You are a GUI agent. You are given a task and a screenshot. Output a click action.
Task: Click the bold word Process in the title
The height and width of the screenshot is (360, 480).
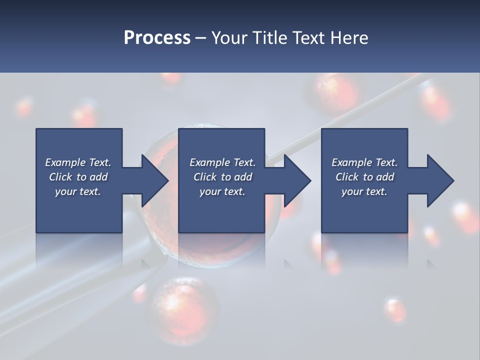pyautogui.click(x=157, y=38)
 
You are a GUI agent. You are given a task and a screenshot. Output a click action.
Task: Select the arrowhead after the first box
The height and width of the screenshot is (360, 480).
pyautogui.click(x=152, y=181)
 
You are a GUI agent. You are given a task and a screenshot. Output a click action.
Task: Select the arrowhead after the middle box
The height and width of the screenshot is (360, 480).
pyautogui.click(x=295, y=181)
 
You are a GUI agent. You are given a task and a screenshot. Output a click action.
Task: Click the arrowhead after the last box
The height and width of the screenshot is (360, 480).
pyautogui.click(x=438, y=181)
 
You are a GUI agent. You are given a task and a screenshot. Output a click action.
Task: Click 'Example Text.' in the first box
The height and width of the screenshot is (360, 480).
pyautogui.click(x=78, y=162)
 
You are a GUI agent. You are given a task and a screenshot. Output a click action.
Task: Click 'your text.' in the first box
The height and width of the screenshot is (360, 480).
pyautogui.click(x=78, y=191)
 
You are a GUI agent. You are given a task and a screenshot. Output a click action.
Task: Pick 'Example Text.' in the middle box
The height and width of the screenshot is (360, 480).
pyautogui.click(x=222, y=162)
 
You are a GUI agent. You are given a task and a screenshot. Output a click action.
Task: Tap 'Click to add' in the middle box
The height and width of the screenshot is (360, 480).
pyautogui.click(x=222, y=177)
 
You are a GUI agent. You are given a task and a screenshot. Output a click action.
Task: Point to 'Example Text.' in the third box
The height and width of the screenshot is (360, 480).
pyautogui.click(x=364, y=162)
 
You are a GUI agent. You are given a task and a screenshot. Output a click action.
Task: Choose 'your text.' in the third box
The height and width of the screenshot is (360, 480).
pyautogui.click(x=364, y=191)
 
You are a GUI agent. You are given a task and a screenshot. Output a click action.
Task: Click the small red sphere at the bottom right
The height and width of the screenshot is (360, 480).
pyautogui.click(x=395, y=310)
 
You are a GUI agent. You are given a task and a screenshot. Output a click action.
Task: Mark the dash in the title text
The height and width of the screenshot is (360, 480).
pyautogui.click(x=200, y=38)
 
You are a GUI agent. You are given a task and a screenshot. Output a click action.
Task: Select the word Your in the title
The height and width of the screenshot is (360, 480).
pyautogui.click(x=228, y=38)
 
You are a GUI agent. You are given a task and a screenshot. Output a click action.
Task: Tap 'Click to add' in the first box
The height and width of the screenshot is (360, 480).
pyautogui.click(x=78, y=177)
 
